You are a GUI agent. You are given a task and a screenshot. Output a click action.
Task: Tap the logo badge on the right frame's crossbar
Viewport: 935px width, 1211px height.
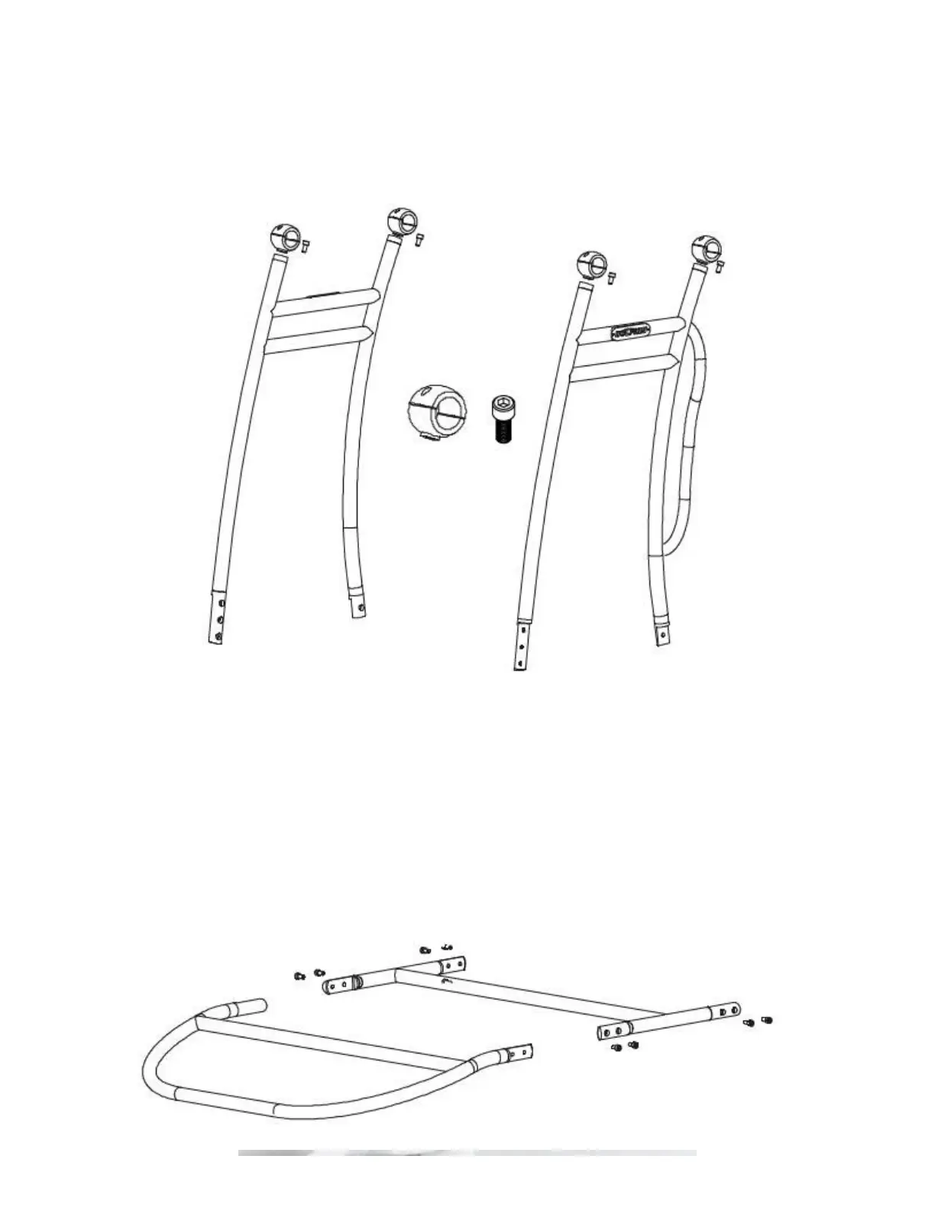point(631,332)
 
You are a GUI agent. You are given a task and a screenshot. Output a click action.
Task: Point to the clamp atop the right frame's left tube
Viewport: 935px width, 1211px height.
point(591,264)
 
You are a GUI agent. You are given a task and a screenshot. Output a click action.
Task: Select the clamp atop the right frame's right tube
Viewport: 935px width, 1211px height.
point(704,248)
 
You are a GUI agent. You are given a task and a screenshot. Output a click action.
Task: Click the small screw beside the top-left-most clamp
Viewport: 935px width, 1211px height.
point(306,245)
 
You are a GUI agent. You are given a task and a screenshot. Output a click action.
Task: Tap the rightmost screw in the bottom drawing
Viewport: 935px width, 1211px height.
point(767,1019)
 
